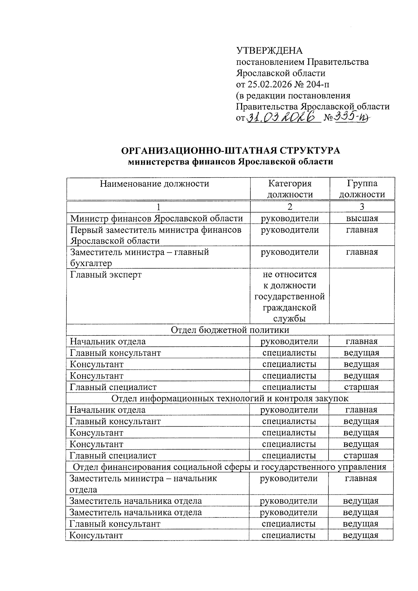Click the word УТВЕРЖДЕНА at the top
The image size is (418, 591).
[x=269, y=51]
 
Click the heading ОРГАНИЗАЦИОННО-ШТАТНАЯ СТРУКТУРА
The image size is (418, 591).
[x=230, y=151]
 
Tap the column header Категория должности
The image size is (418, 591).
[x=290, y=189]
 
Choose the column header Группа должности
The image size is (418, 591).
[x=362, y=189]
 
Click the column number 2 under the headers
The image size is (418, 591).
[x=290, y=207]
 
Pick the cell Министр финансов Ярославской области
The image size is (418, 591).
[x=156, y=218]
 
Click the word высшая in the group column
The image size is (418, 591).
[x=362, y=218]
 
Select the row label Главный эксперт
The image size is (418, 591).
[x=106, y=274]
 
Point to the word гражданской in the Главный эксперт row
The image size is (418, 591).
[x=290, y=308]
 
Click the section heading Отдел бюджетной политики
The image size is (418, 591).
[x=230, y=330]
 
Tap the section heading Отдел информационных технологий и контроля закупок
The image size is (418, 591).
[x=230, y=398]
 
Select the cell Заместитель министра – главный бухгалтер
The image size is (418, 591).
[x=139, y=257]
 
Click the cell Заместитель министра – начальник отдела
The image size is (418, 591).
[x=143, y=483]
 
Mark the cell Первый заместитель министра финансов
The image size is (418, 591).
[x=156, y=230]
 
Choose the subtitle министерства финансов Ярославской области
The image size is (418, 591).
[x=230, y=162]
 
